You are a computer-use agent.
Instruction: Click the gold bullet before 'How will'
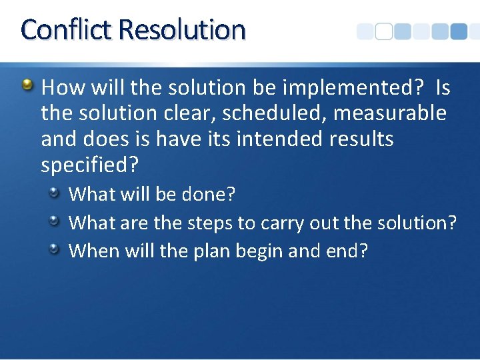point(27,85)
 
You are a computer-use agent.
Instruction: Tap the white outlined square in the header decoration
point(383,31)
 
